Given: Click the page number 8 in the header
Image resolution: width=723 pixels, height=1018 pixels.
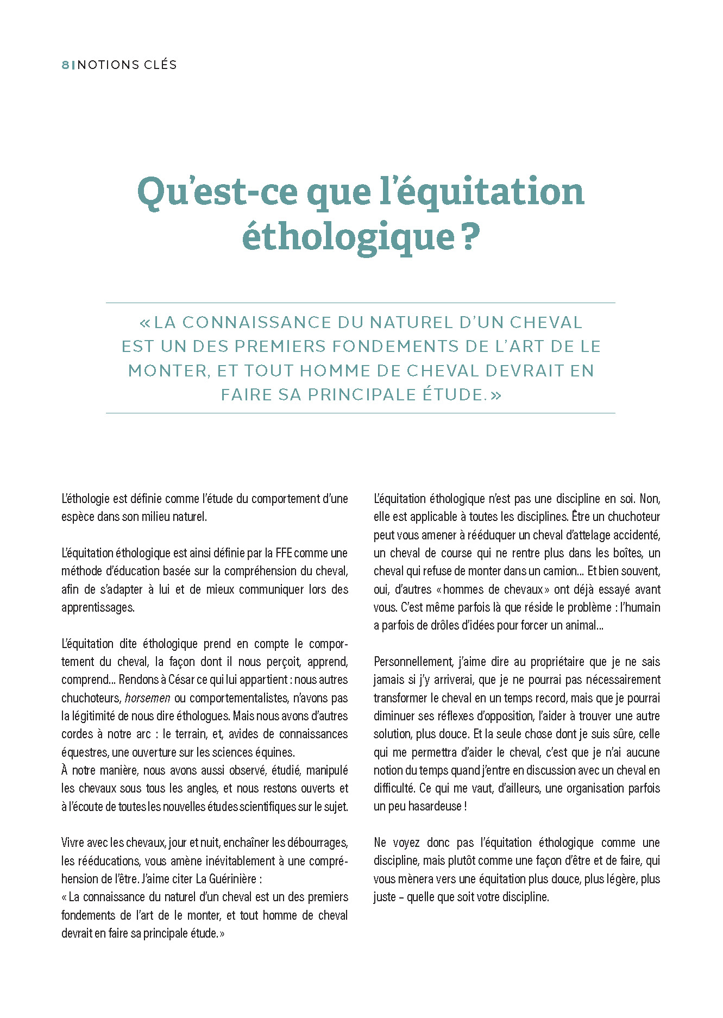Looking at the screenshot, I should [x=65, y=65].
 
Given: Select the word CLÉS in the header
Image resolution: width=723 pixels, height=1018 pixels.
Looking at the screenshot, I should [x=160, y=65].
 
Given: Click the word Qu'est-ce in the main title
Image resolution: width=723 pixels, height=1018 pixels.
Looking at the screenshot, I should [x=217, y=192].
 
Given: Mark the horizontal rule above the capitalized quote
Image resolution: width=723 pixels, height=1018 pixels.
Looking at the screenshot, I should [x=360, y=303].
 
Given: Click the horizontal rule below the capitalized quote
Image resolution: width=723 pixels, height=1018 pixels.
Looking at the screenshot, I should [x=360, y=413].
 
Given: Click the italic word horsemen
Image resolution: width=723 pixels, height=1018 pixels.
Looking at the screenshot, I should [x=147, y=698].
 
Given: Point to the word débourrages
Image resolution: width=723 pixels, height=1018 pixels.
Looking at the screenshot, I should [x=317, y=843].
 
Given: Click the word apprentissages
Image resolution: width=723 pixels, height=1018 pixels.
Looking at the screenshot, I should [x=98, y=607].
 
